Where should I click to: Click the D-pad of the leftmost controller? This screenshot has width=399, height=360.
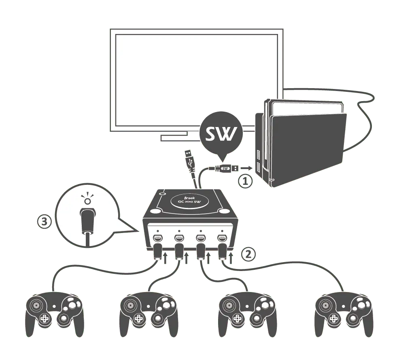[43, 319]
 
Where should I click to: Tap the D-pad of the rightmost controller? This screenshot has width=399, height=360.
[333, 319]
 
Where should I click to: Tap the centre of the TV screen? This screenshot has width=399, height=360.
[196, 81]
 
